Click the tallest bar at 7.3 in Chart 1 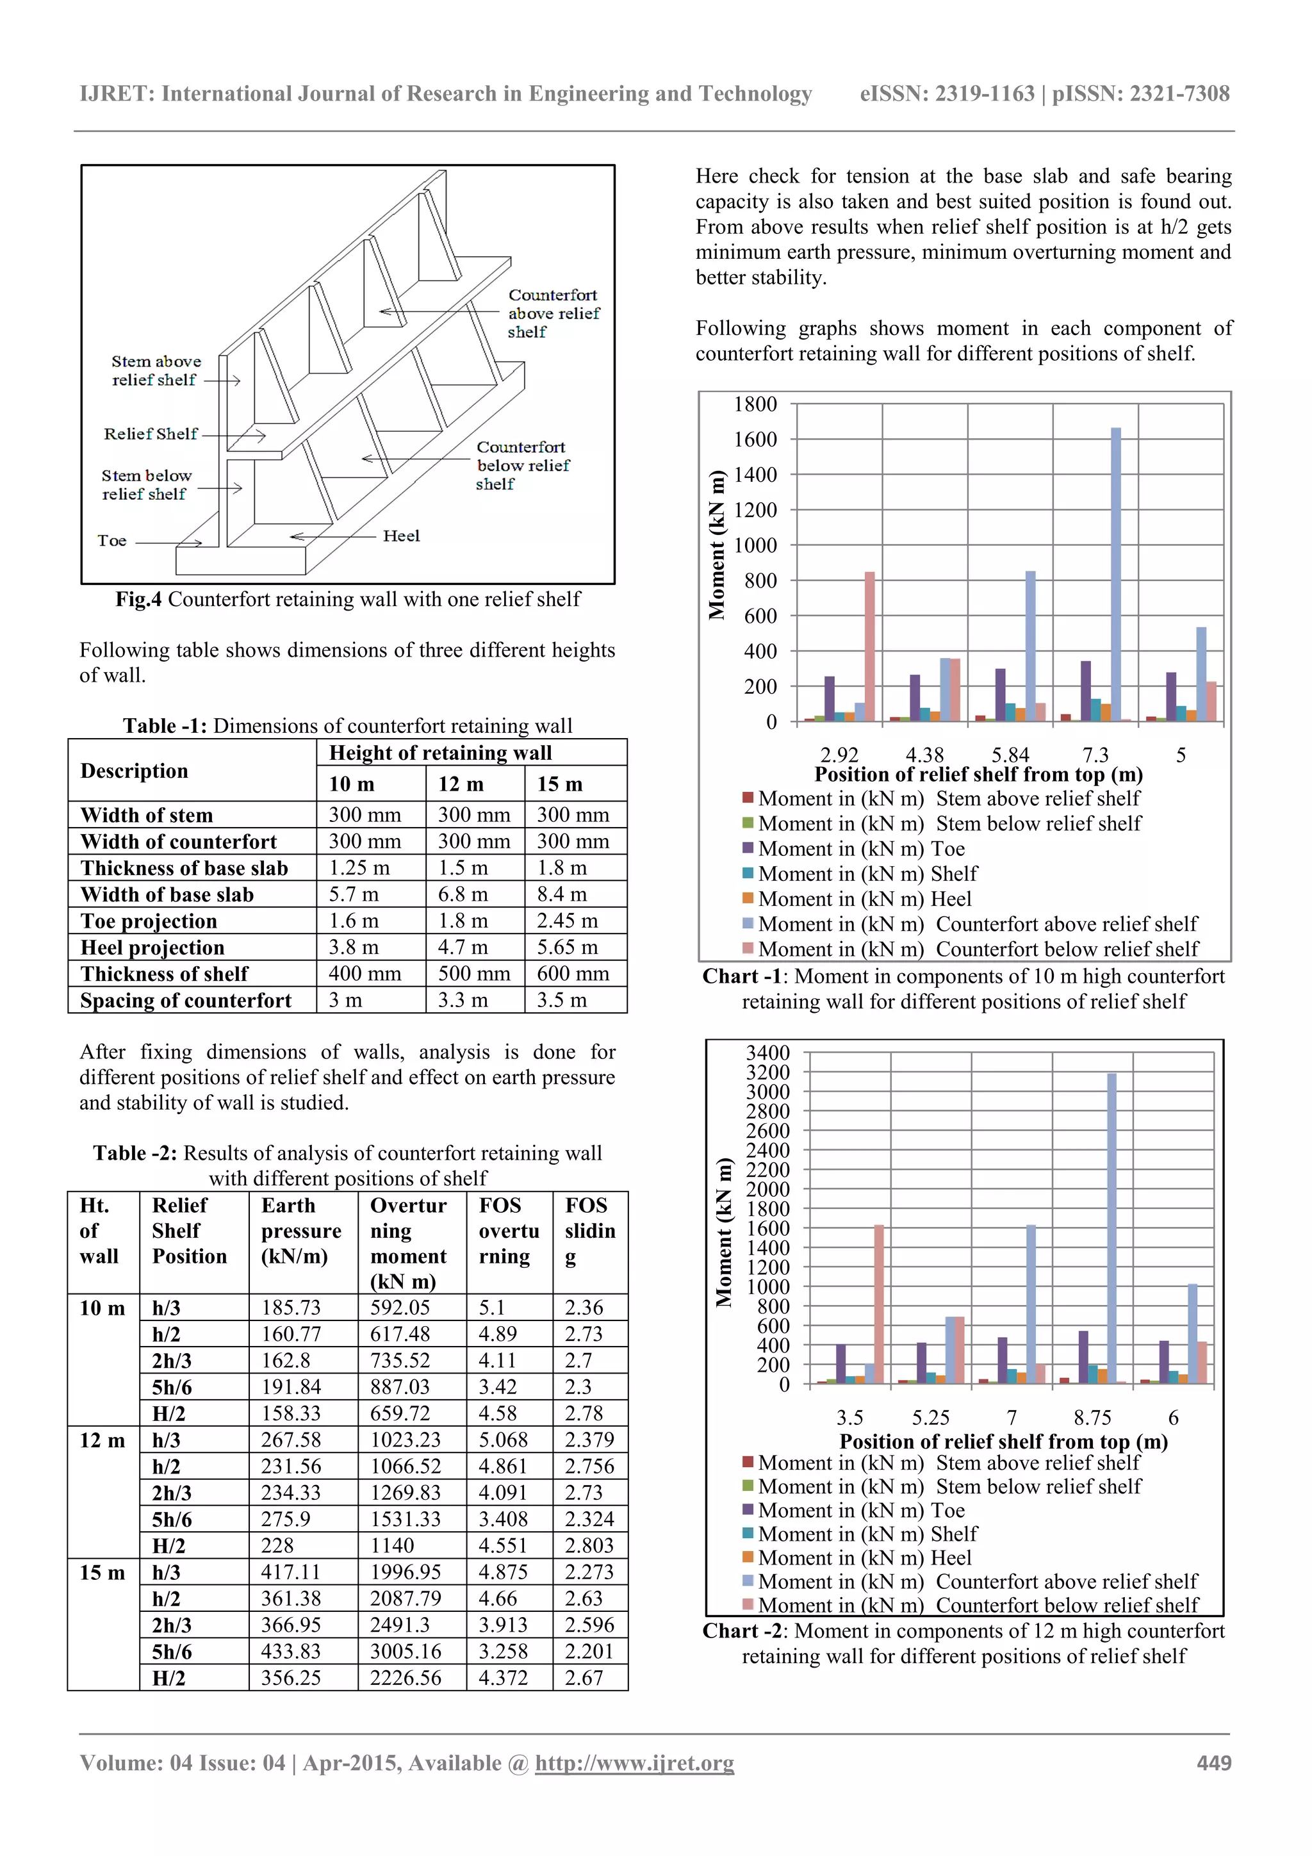(1115, 574)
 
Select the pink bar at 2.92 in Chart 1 (870, 646)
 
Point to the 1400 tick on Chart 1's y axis (755, 475)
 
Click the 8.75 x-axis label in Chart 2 (1092, 1417)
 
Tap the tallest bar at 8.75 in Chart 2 (1112, 1229)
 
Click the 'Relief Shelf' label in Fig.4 (151, 434)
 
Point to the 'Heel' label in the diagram (401, 536)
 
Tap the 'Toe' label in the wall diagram (111, 541)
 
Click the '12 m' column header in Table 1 (461, 784)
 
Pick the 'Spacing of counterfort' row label (186, 1001)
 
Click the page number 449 (1213, 1763)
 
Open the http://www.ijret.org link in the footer (635, 1763)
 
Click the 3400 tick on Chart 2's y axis (767, 1053)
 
